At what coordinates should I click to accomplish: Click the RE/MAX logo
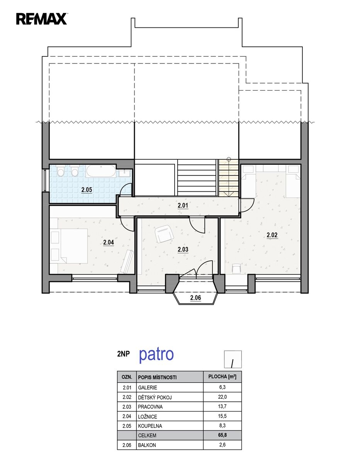pos(42,19)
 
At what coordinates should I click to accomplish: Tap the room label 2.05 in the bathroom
pos(87,189)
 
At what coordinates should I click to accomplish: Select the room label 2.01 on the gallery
pos(183,205)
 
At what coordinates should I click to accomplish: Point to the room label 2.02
pos(272,235)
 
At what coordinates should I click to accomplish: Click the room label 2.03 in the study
pos(183,249)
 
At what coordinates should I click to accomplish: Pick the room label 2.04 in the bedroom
pos(109,242)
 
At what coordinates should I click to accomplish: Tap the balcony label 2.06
pos(195,297)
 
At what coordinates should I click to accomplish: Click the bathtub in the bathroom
pos(101,171)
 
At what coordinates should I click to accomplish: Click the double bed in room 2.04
pos(69,246)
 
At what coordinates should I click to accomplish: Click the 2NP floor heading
pos(124,354)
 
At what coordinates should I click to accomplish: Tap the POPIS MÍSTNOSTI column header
pos(157,377)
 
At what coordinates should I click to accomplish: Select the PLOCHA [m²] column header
pos(222,377)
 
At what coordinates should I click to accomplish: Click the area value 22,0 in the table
pos(222,397)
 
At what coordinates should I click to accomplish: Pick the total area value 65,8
pos(222,435)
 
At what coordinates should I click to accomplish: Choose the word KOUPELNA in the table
pos(150,426)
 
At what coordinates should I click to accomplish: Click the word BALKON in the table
pos(147,445)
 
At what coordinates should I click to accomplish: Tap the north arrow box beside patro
pos(233,359)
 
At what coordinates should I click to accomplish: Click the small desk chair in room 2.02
pos(236,269)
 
